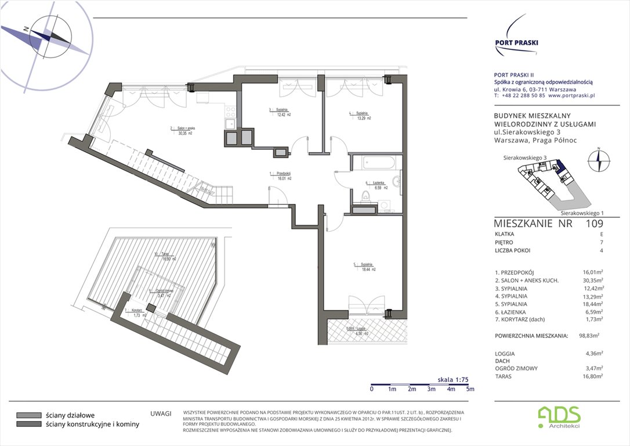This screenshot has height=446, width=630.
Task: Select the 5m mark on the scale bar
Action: coord(470,389)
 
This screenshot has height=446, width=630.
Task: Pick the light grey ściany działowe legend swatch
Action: coord(28,415)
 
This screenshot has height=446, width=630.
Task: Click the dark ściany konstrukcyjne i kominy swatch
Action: coord(28,425)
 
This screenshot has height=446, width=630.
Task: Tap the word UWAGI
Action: coord(160,413)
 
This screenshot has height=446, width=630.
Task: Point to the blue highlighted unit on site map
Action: coord(560,169)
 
